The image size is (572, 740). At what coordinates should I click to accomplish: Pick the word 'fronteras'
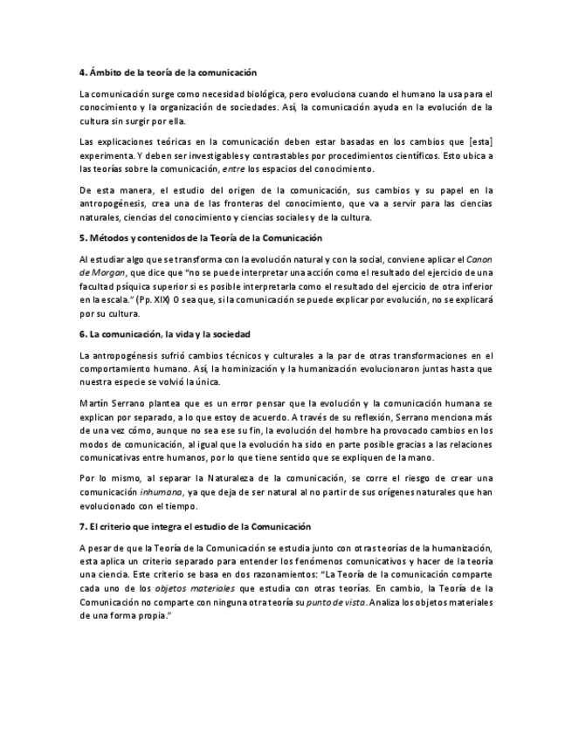pos(265,203)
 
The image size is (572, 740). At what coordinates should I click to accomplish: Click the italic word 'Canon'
pos(479,259)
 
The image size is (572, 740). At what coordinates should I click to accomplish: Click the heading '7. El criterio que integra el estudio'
pos(190,526)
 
